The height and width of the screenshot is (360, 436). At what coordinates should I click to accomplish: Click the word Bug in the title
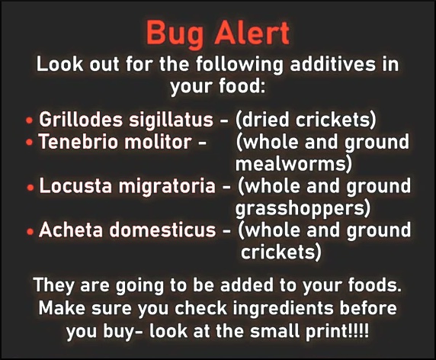click(x=175, y=34)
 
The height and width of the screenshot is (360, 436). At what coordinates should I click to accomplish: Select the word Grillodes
click(x=81, y=120)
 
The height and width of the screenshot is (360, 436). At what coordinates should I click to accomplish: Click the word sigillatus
click(x=171, y=121)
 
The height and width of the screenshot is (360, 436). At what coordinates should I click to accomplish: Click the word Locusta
click(x=75, y=186)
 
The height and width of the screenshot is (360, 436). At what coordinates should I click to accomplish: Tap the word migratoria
click(x=167, y=187)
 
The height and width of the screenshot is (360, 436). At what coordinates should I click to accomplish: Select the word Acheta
click(x=71, y=230)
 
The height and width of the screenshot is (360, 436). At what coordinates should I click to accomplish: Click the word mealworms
click(x=291, y=164)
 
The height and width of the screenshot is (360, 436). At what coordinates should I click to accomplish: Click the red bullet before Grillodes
click(x=29, y=121)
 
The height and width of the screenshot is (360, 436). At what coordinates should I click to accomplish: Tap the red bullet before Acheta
click(x=30, y=231)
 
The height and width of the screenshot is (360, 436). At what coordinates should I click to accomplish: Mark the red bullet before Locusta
click(x=30, y=188)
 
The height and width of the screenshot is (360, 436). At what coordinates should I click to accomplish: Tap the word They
click(x=54, y=286)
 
